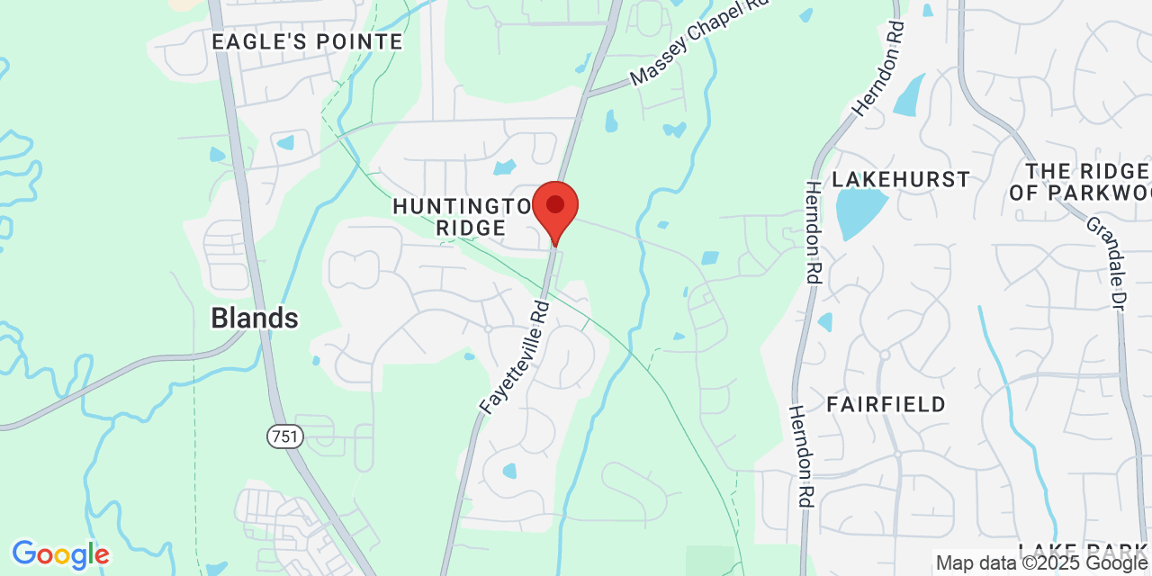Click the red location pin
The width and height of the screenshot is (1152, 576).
click(555, 208)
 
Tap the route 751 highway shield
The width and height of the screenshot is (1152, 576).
click(285, 437)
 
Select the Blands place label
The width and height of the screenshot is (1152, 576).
click(255, 318)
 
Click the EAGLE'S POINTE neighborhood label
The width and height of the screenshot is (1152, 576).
click(307, 41)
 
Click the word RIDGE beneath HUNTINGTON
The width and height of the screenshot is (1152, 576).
click(471, 229)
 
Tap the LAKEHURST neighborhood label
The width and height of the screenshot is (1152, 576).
click(901, 179)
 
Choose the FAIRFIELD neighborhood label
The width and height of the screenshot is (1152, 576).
click(886, 404)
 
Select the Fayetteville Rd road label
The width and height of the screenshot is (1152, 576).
click(516, 356)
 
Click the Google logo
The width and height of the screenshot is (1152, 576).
click(60, 554)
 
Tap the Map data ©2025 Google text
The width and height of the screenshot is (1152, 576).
click(1042, 563)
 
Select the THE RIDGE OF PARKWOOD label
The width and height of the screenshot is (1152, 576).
click(1088, 181)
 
